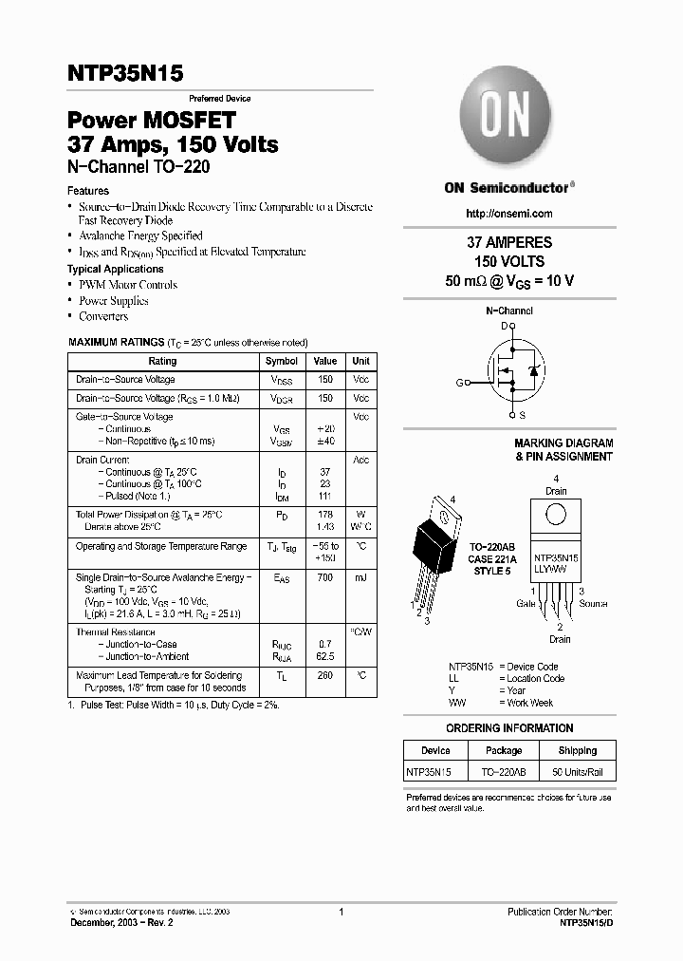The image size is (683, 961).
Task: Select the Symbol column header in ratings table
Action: click(282, 362)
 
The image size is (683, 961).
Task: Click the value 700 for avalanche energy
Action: click(325, 577)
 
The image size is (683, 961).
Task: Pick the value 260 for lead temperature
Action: click(325, 676)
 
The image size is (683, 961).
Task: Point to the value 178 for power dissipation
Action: click(325, 515)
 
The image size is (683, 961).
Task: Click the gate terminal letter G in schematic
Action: click(459, 383)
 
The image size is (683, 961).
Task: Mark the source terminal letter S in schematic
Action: click(523, 416)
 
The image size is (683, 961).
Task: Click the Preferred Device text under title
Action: click(219, 99)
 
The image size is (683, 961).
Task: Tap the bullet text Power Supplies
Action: click(113, 301)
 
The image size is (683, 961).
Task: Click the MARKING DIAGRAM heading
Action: click(563, 443)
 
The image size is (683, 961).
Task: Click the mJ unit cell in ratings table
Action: click(360, 577)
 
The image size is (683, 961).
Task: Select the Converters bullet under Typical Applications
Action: click(103, 316)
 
